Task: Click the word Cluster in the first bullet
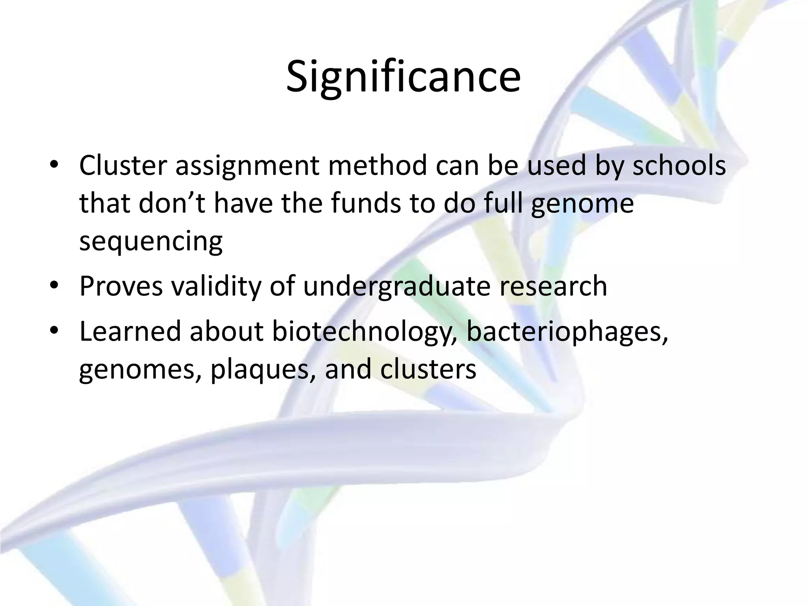click(123, 166)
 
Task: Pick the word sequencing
click(151, 241)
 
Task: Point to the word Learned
click(129, 331)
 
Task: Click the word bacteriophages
click(567, 332)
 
